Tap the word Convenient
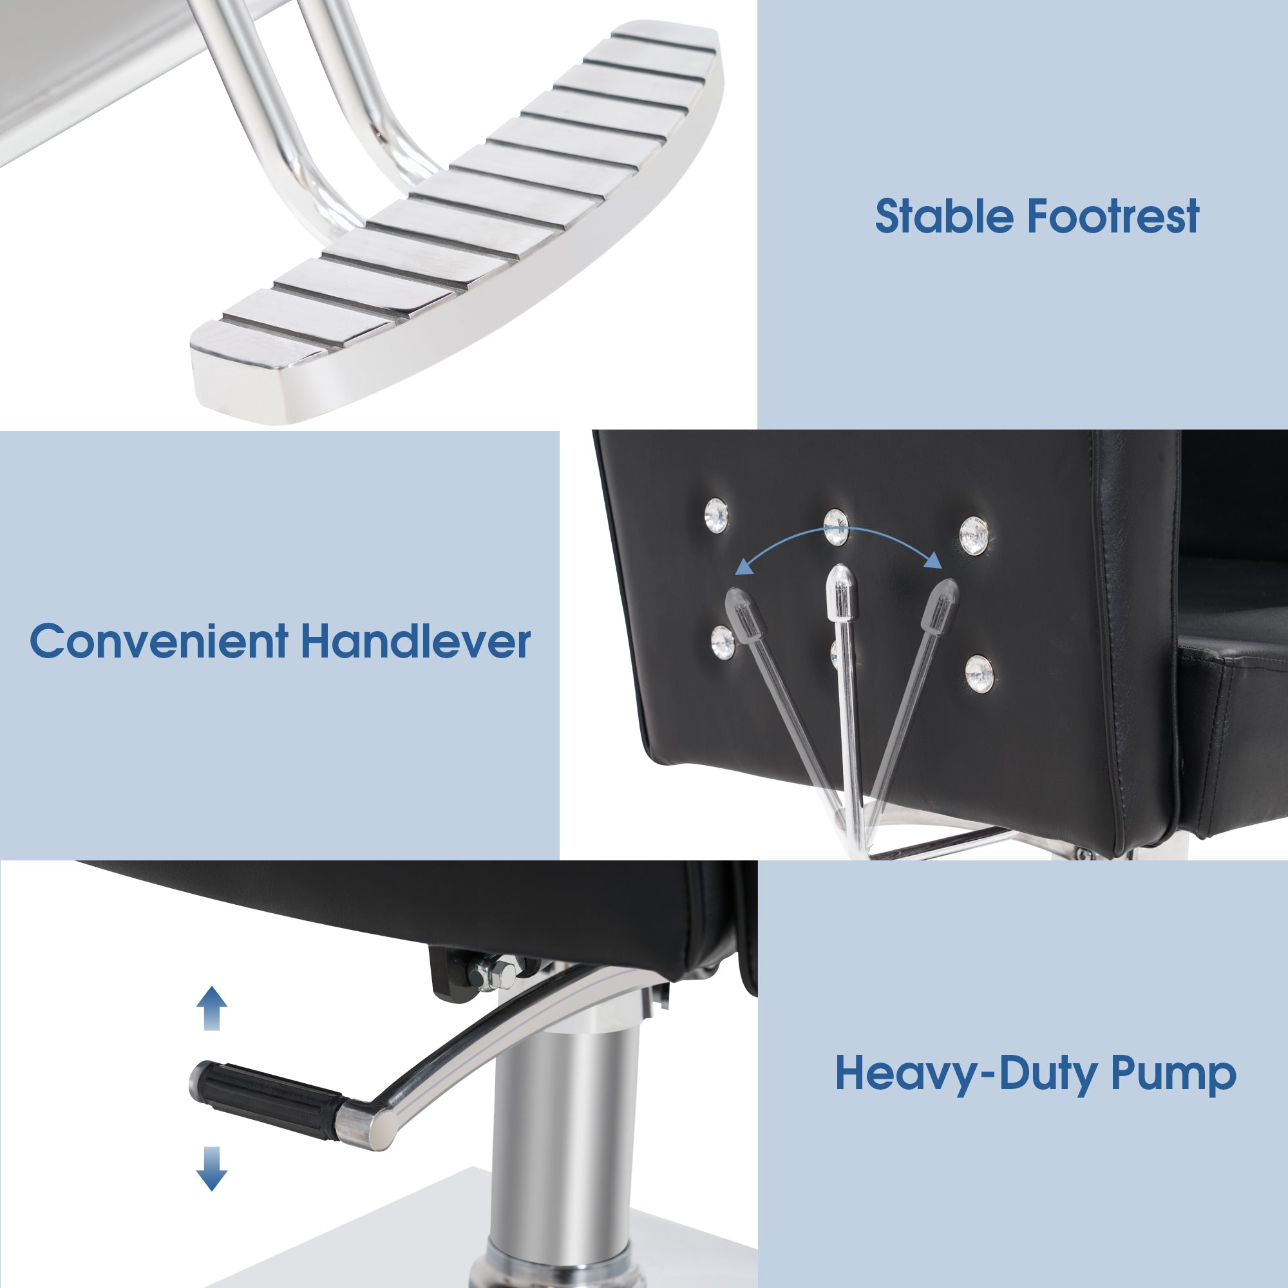click(159, 641)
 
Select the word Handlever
click(416, 641)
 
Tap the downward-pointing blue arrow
click(212, 1169)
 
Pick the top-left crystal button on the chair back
click(717, 515)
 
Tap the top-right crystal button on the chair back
click(974, 535)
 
